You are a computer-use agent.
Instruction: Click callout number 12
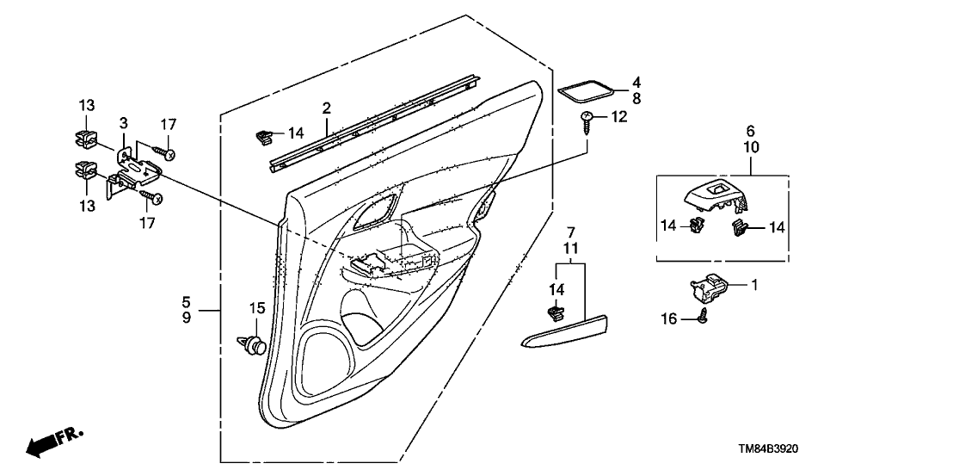tap(618, 116)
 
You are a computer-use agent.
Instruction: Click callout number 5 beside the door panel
tap(186, 302)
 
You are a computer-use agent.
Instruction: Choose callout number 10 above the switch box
tap(750, 147)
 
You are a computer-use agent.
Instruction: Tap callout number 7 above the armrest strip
tap(569, 233)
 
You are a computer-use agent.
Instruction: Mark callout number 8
tap(636, 98)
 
